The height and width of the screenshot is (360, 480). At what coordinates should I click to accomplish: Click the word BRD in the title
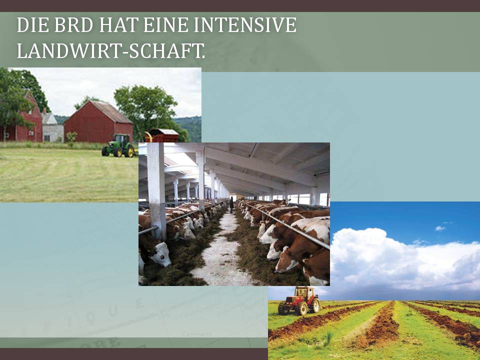click(73, 25)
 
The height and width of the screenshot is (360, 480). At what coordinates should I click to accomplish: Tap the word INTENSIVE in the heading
click(245, 25)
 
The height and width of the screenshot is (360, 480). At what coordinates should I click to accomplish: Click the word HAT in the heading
click(118, 25)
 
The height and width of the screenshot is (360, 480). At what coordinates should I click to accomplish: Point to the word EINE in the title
click(165, 25)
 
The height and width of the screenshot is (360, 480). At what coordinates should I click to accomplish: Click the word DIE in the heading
click(33, 25)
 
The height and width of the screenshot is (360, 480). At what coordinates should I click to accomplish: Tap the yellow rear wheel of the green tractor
click(130, 151)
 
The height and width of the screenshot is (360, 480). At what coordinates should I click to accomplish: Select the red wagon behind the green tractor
click(162, 135)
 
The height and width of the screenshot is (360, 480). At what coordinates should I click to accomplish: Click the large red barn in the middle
click(98, 122)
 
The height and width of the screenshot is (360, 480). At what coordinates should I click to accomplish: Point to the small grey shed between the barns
click(52, 127)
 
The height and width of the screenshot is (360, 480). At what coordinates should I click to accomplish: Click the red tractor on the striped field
click(299, 300)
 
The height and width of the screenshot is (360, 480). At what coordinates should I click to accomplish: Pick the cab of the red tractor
click(305, 292)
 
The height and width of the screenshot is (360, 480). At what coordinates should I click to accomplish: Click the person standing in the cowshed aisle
click(231, 205)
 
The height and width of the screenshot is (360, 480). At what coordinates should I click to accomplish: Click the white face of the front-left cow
click(160, 254)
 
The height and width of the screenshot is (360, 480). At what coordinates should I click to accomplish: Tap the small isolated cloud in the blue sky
click(440, 228)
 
